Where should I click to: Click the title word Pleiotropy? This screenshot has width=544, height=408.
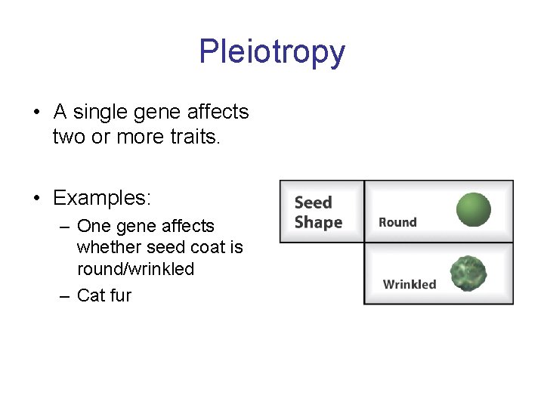pyautogui.click(x=272, y=52)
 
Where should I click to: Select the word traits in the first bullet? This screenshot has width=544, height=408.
pyautogui.click(x=194, y=137)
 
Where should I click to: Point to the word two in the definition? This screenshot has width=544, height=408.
pyautogui.click(x=69, y=137)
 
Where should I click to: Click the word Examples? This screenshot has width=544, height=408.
pyautogui.click(x=102, y=198)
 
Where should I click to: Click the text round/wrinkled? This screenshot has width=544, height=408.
pyautogui.click(x=135, y=268)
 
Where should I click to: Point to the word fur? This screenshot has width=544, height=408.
pyautogui.click(x=120, y=295)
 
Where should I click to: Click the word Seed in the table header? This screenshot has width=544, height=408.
pyautogui.click(x=313, y=202)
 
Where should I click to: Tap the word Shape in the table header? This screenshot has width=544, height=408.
pyautogui.click(x=318, y=222)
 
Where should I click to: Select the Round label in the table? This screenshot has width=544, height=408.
pyautogui.click(x=397, y=222)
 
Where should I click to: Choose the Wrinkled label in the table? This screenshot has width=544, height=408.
pyautogui.click(x=410, y=284)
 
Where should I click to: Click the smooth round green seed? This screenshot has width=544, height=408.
pyautogui.click(x=474, y=210)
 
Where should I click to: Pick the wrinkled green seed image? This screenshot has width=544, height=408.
pyautogui.click(x=468, y=273)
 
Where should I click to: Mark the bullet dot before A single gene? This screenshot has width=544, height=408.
pyautogui.click(x=36, y=113)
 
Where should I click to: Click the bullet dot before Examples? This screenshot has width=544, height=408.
pyautogui.click(x=36, y=199)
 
